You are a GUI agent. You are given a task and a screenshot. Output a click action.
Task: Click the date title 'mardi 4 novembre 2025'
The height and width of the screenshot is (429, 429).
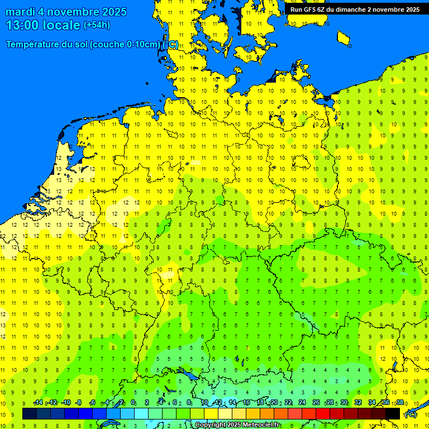[66, 12]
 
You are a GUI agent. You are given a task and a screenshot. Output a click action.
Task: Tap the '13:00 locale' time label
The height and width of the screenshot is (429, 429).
[44, 25]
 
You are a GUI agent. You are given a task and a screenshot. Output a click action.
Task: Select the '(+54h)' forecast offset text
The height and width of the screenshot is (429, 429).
[97, 25]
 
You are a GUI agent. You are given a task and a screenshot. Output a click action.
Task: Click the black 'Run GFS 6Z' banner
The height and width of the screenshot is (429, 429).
[355, 9]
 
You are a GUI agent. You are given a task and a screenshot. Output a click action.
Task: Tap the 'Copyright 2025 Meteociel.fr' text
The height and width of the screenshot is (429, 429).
[237, 425]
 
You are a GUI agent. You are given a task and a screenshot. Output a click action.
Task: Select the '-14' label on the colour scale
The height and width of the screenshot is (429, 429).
[37, 403]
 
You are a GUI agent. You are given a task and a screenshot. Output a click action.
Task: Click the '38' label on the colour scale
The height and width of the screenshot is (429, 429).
[400, 403]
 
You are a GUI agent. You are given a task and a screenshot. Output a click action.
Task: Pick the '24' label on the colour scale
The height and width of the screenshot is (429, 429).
[302, 403]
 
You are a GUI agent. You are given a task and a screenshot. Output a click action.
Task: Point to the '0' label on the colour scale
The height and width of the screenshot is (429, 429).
[133, 403]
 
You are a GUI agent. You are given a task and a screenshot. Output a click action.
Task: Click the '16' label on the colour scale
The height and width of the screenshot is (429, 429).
[246, 403]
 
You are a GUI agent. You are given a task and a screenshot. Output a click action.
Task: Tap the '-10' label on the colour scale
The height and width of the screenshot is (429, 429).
[65, 403]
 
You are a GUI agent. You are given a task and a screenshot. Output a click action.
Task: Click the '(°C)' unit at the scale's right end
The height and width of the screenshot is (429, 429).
[411, 414]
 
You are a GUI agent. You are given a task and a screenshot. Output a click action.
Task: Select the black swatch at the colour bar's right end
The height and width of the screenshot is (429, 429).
[393, 414]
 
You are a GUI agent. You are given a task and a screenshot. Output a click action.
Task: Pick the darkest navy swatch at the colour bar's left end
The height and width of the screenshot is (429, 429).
[30, 414]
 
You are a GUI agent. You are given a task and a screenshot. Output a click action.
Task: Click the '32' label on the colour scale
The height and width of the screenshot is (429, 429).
[357, 403]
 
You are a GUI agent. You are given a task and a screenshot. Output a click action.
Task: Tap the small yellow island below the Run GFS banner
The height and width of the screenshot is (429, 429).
[344, 38]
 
